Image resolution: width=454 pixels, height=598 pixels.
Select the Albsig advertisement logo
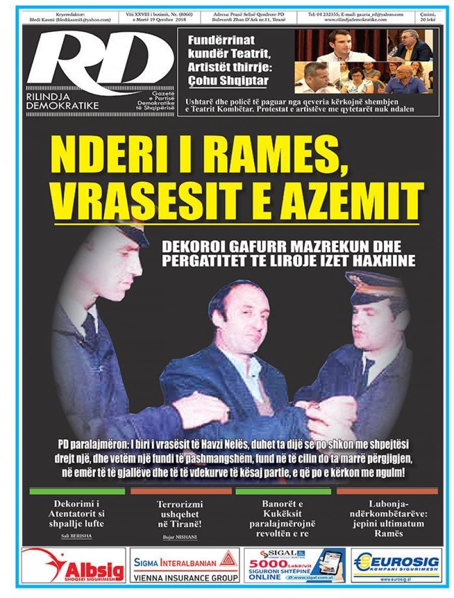click(73, 565)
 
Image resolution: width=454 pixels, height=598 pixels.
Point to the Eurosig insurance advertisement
click(396, 565)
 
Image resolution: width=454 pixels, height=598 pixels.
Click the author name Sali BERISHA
click(77, 536)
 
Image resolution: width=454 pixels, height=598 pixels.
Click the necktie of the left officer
click(91, 328)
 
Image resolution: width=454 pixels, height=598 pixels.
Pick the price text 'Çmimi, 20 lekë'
click(429, 17)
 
